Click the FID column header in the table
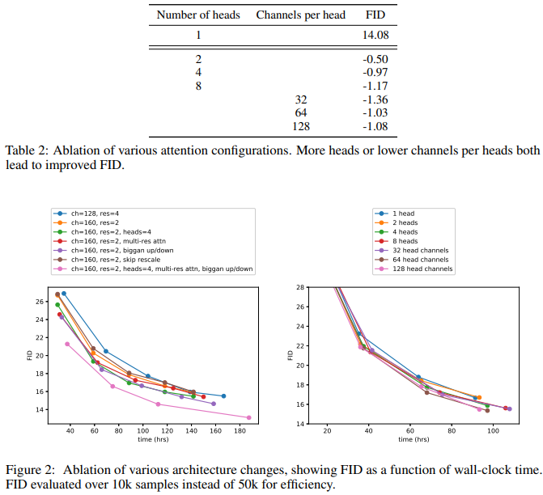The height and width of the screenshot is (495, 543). pos(375,15)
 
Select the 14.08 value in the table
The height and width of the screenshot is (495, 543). pos(375,35)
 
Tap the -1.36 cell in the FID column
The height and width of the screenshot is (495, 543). pos(375,99)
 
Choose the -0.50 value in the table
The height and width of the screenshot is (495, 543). pos(375,61)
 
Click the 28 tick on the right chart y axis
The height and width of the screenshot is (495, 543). pos(299,287)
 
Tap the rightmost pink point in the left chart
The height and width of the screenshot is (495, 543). pos(248,417)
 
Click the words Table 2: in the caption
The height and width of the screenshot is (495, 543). pos(26,150)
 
